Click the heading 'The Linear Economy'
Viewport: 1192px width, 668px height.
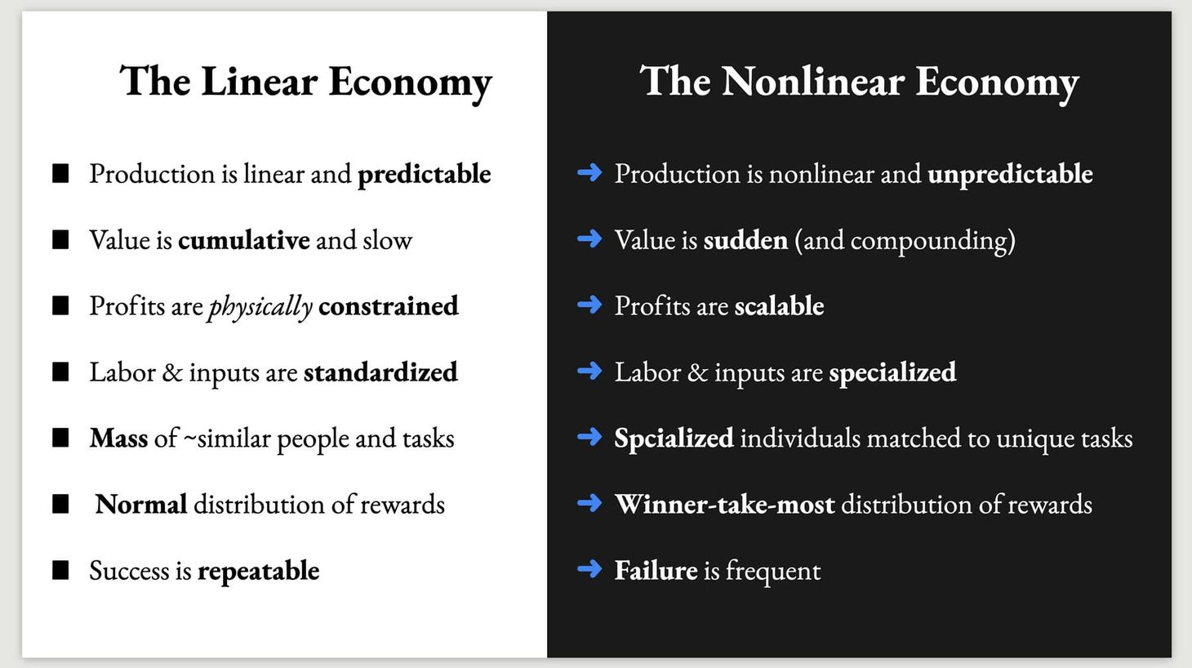(x=305, y=82)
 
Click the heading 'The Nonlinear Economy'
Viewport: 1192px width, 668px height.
(x=859, y=82)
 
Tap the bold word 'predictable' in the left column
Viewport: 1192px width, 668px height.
(x=424, y=174)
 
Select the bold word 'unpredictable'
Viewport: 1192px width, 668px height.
(x=1010, y=174)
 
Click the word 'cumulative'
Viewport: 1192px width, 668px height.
(x=243, y=240)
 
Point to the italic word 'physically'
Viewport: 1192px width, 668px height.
(x=260, y=306)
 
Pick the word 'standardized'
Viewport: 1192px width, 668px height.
(x=380, y=372)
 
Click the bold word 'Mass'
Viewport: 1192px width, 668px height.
(x=118, y=439)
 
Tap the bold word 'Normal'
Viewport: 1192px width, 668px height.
(x=140, y=505)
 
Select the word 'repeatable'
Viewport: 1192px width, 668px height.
(x=258, y=571)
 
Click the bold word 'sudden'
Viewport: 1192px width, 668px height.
(x=745, y=240)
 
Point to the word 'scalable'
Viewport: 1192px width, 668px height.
(x=779, y=306)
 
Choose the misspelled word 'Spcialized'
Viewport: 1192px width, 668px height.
(x=674, y=439)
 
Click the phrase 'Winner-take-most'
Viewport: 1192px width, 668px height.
(x=724, y=505)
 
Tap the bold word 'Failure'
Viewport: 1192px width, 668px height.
(x=656, y=570)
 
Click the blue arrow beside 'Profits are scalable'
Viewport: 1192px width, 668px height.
(x=589, y=305)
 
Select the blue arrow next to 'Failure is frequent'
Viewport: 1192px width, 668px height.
(x=589, y=569)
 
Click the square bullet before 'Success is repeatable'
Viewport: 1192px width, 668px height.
(x=60, y=570)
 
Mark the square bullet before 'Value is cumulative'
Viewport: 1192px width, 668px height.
(x=60, y=239)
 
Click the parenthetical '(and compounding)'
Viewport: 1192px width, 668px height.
(x=905, y=241)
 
